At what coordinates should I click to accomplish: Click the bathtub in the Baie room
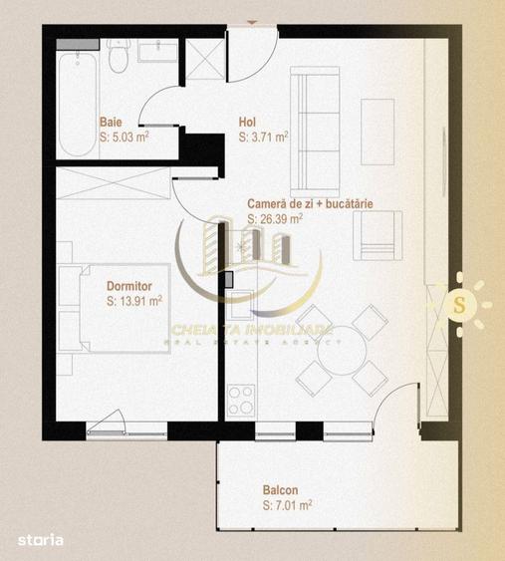[77, 95]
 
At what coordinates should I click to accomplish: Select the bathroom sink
[157, 52]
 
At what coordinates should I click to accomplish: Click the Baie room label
[112, 123]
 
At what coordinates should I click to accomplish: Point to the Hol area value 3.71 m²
[264, 138]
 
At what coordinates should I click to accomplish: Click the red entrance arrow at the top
[250, 19]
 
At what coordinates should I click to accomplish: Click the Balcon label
[280, 490]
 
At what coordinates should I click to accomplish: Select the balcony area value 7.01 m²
[288, 505]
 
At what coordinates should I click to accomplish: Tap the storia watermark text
[41, 539]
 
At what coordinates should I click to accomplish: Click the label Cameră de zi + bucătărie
[310, 203]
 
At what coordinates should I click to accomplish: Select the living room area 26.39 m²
[276, 218]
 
